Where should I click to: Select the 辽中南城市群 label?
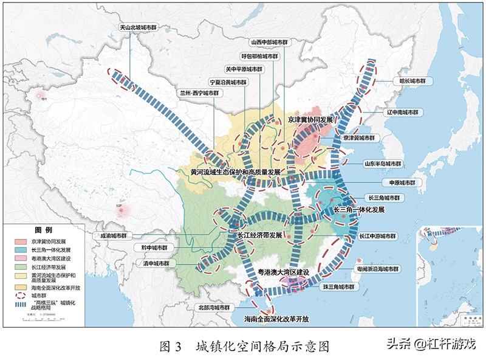[x=400, y=113]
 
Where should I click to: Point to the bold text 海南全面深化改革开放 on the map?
[x=276, y=319]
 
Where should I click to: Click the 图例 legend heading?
[x=43, y=230]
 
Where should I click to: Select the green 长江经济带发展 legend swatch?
[x=20, y=266]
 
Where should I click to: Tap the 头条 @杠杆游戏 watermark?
[x=429, y=344]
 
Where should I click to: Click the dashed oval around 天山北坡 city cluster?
[x=121, y=78]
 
